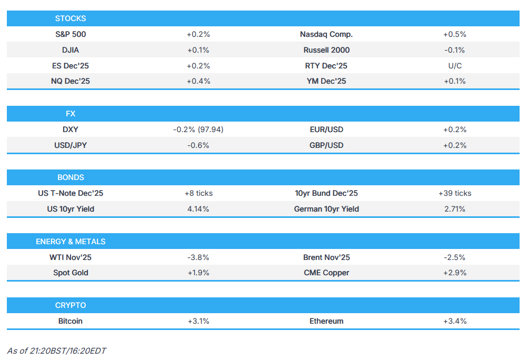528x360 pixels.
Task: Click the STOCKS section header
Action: click(70, 18)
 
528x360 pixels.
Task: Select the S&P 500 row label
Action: click(70, 34)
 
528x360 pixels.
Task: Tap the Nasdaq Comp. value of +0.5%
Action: click(454, 34)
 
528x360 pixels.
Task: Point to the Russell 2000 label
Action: click(326, 50)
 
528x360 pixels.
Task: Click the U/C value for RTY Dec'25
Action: click(454, 66)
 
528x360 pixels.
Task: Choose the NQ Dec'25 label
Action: click(70, 81)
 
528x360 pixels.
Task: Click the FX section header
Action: click(70, 114)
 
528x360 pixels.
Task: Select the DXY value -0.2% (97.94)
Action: click(198, 129)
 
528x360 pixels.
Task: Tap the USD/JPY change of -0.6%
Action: click(198, 145)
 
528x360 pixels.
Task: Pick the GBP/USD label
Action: click(326, 145)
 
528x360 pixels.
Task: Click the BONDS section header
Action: click(70, 177)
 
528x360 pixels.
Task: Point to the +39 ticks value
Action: click(454, 193)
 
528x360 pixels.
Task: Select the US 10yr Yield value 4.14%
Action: click(198, 209)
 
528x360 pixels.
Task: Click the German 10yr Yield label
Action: click(326, 209)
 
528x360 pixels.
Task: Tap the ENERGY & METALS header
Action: click(70, 242)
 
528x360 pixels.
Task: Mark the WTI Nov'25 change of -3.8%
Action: click(198, 257)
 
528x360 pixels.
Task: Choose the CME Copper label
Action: click(326, 273)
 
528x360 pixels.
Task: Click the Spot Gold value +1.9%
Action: click(198, 273)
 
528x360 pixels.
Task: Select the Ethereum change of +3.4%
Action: click(454, 321)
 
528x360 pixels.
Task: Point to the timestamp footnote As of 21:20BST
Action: click(56, 351)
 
